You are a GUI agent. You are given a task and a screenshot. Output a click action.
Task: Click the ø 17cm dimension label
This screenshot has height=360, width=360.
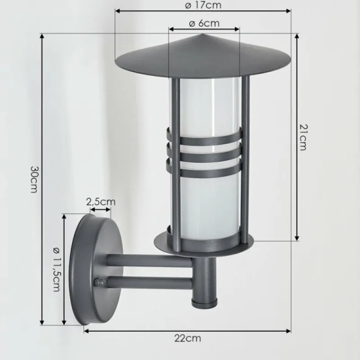[203, 5]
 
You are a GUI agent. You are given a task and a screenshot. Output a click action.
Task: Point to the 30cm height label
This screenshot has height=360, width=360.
[34, 179]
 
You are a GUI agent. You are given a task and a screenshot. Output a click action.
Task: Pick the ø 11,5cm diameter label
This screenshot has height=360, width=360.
[56, 269]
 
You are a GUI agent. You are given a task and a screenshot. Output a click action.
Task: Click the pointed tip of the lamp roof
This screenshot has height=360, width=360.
[203, 35]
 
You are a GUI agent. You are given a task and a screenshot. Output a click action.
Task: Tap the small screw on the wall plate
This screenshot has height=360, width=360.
[101, 283]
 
